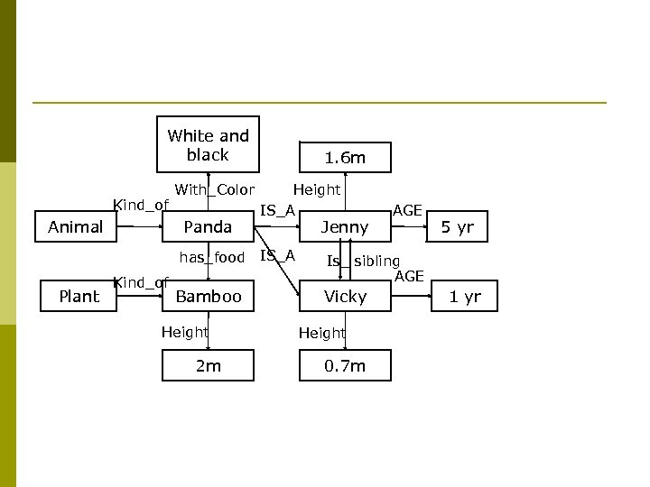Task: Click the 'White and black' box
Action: (x=208, y=144)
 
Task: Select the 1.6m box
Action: (x=345, y=158)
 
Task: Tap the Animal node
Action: (x=75, y=227)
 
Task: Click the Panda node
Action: (x=208, y=227)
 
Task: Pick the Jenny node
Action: (x=345, y=227)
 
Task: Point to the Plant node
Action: (x=79, y=296)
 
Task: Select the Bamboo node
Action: (x=208, y=296)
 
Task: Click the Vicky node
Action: (x=345, y=296)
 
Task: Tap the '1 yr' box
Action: (x=465, y=296)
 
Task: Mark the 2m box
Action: (x=208, y=365)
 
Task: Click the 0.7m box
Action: (x=345, y=365)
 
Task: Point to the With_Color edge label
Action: (x=214, y=189)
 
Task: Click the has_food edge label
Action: (x=211, y=258)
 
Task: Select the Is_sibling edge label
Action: (x=363, y=262)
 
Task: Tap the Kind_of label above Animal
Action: (x=140, y=205)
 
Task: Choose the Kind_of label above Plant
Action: (x=140, y=282)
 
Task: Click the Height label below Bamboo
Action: (x=184, y=332)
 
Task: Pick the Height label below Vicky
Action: (x=322, y=333)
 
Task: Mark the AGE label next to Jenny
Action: (x=407, y=210)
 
